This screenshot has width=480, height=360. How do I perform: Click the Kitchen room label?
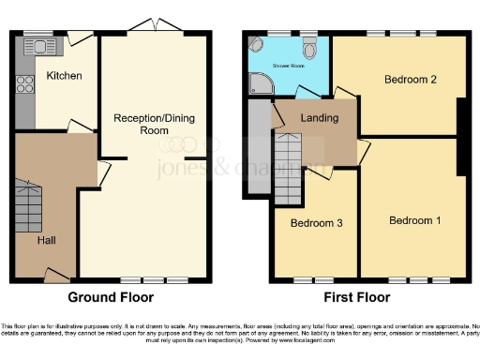click(x=64, y=75)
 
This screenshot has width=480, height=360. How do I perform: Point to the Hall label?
click(x=46, y=240)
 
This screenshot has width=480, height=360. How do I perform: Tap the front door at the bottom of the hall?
click(x=57, y=275)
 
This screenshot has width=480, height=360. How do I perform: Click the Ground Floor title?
click(x=112, y=297)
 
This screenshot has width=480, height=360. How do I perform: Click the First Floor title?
click(x=357, y=297)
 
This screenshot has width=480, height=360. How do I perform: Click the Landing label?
click(x=320, y=119)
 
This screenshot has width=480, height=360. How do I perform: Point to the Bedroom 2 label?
click(x=411, y=80)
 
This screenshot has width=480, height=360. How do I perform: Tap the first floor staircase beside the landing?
click(x=288, y=169)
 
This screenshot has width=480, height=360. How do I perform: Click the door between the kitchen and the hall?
click(x=80, y=127)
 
